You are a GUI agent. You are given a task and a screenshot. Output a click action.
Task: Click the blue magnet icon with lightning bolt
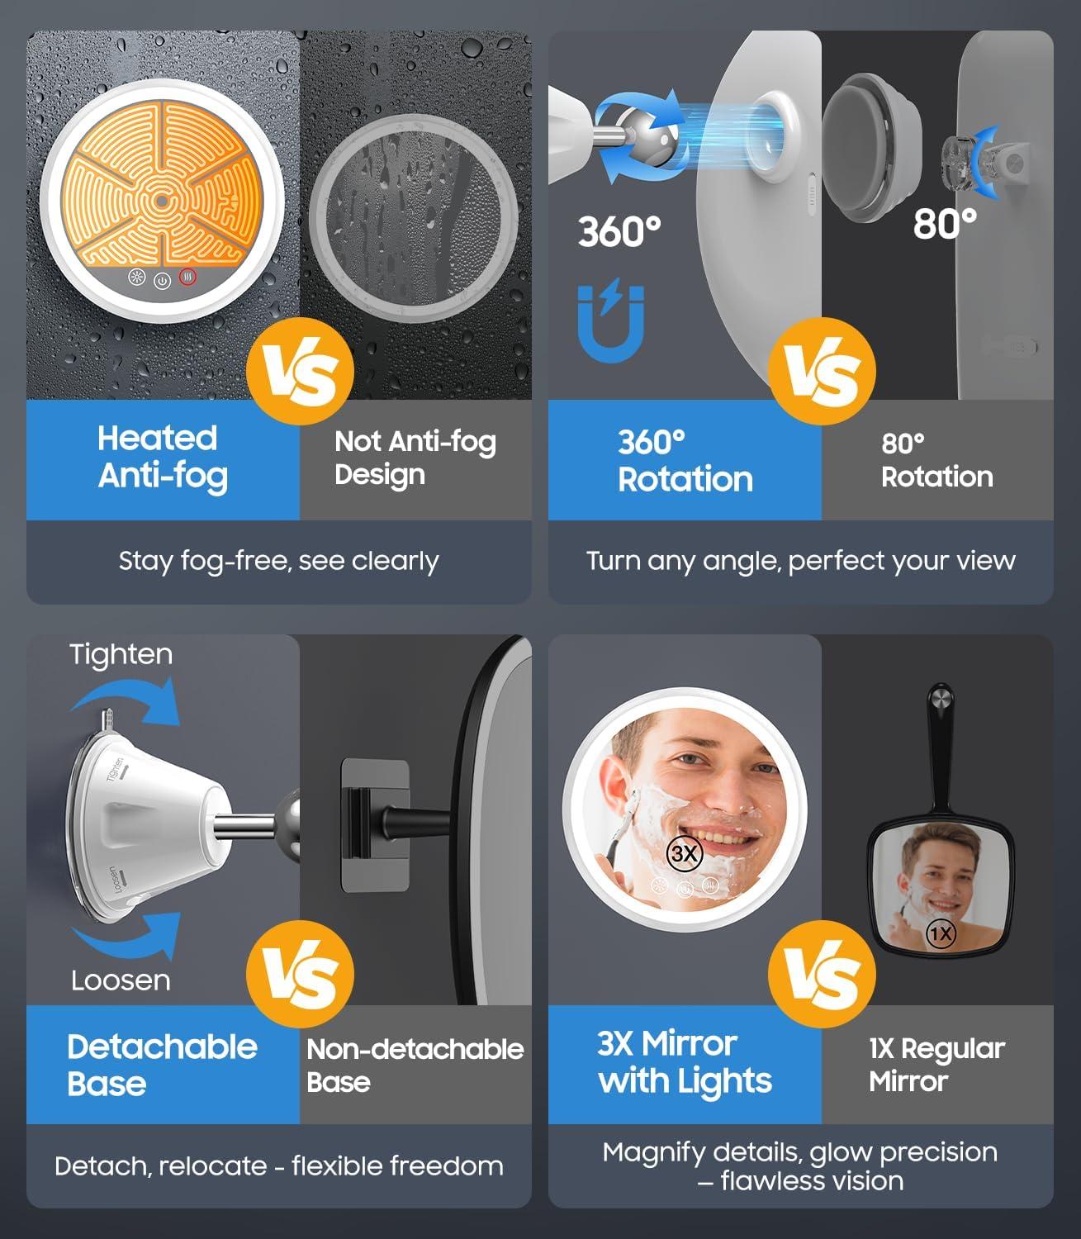coord(610,321)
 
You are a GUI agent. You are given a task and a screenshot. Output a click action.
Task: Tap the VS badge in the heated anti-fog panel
coord(301,371)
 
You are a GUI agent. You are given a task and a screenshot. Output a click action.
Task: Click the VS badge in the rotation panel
coord(822,371)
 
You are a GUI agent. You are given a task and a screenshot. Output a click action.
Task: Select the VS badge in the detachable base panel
coord(301,974)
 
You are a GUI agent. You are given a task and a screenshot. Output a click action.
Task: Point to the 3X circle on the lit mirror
coord(685,854)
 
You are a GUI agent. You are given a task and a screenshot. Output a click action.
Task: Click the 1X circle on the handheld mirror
coord(941,933)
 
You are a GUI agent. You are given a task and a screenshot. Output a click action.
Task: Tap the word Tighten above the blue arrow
coord(121,655)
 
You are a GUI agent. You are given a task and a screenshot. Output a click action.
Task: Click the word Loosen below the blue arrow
coord(121,980)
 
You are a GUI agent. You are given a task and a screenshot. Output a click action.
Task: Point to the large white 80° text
coord(945,224)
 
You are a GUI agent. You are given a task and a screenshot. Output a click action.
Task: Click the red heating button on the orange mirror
coord(187,278)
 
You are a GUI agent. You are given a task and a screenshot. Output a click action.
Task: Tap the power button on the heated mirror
coord(162,281)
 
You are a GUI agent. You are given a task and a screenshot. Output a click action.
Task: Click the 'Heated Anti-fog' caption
coord(162,458)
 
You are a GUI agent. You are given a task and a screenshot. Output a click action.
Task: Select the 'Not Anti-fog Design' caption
coord(415,458)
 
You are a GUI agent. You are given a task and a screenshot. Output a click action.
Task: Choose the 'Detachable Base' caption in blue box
coord(162,1065)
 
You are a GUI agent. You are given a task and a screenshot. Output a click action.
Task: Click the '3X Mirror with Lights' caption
coord(685,1062)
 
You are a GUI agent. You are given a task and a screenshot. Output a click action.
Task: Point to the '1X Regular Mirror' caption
coord(937,1064)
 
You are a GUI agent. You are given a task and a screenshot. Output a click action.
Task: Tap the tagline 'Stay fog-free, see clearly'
coord(278,562)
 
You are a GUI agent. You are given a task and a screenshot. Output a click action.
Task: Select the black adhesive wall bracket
coord(375,825)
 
